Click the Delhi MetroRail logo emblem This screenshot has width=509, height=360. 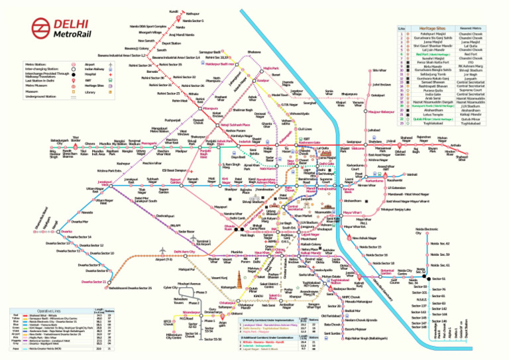coord(39,27)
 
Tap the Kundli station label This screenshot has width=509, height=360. coord(174,11)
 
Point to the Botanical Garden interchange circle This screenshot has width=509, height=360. coord(397,272)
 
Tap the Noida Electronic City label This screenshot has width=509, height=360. coord(427,230)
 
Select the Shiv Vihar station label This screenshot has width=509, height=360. coord(378,70)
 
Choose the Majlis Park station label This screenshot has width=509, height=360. coord(270,68)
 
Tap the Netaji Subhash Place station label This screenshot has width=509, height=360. coord(235,124)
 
